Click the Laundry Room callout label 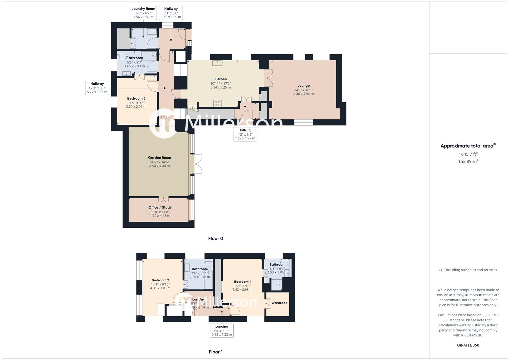pos(143,9)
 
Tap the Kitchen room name pos(221,79)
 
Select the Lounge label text pos(303,86)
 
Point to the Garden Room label pos(159,158)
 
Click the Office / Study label pos(160,207)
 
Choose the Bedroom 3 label pos(136,98)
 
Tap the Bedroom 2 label pos(160,280)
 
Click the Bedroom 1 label pos(242,282)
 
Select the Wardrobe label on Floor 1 pos(279,303)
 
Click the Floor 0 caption pos(216,239)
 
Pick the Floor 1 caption pos(216,352)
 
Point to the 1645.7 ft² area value pos(468,154)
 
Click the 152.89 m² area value pos(468,161)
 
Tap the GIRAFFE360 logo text pos(468,345)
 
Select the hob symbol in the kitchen pos(217,103)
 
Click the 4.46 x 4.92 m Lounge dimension pos(303,94)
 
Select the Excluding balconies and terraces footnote pos(468,270)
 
